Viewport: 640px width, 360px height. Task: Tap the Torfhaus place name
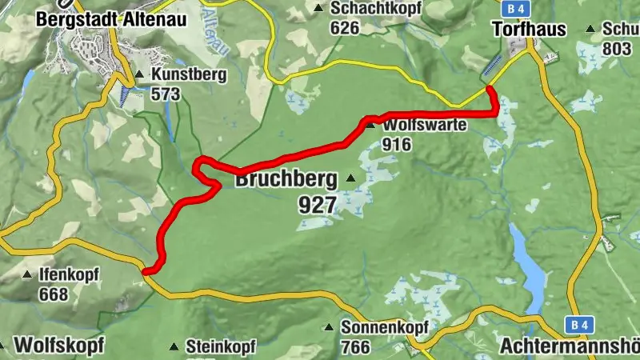[x=529, y=30]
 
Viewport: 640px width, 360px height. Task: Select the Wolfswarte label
[x=425, y=126]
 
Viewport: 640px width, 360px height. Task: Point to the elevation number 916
[x=398, y=144]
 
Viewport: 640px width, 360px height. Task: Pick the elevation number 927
[x=317, y=206]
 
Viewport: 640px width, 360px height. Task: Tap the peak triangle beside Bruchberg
[x=351, y=178]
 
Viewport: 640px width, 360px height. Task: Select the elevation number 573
[x=165, y=94]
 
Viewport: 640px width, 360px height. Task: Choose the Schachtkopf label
[x=369, y=9]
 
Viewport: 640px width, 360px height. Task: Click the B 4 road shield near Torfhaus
[x=516, y=8]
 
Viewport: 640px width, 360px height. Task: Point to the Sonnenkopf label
[x=385, y=328]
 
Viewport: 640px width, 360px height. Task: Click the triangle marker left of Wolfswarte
[x=370, y=124]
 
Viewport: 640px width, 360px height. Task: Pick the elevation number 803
[x=617, y=48]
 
